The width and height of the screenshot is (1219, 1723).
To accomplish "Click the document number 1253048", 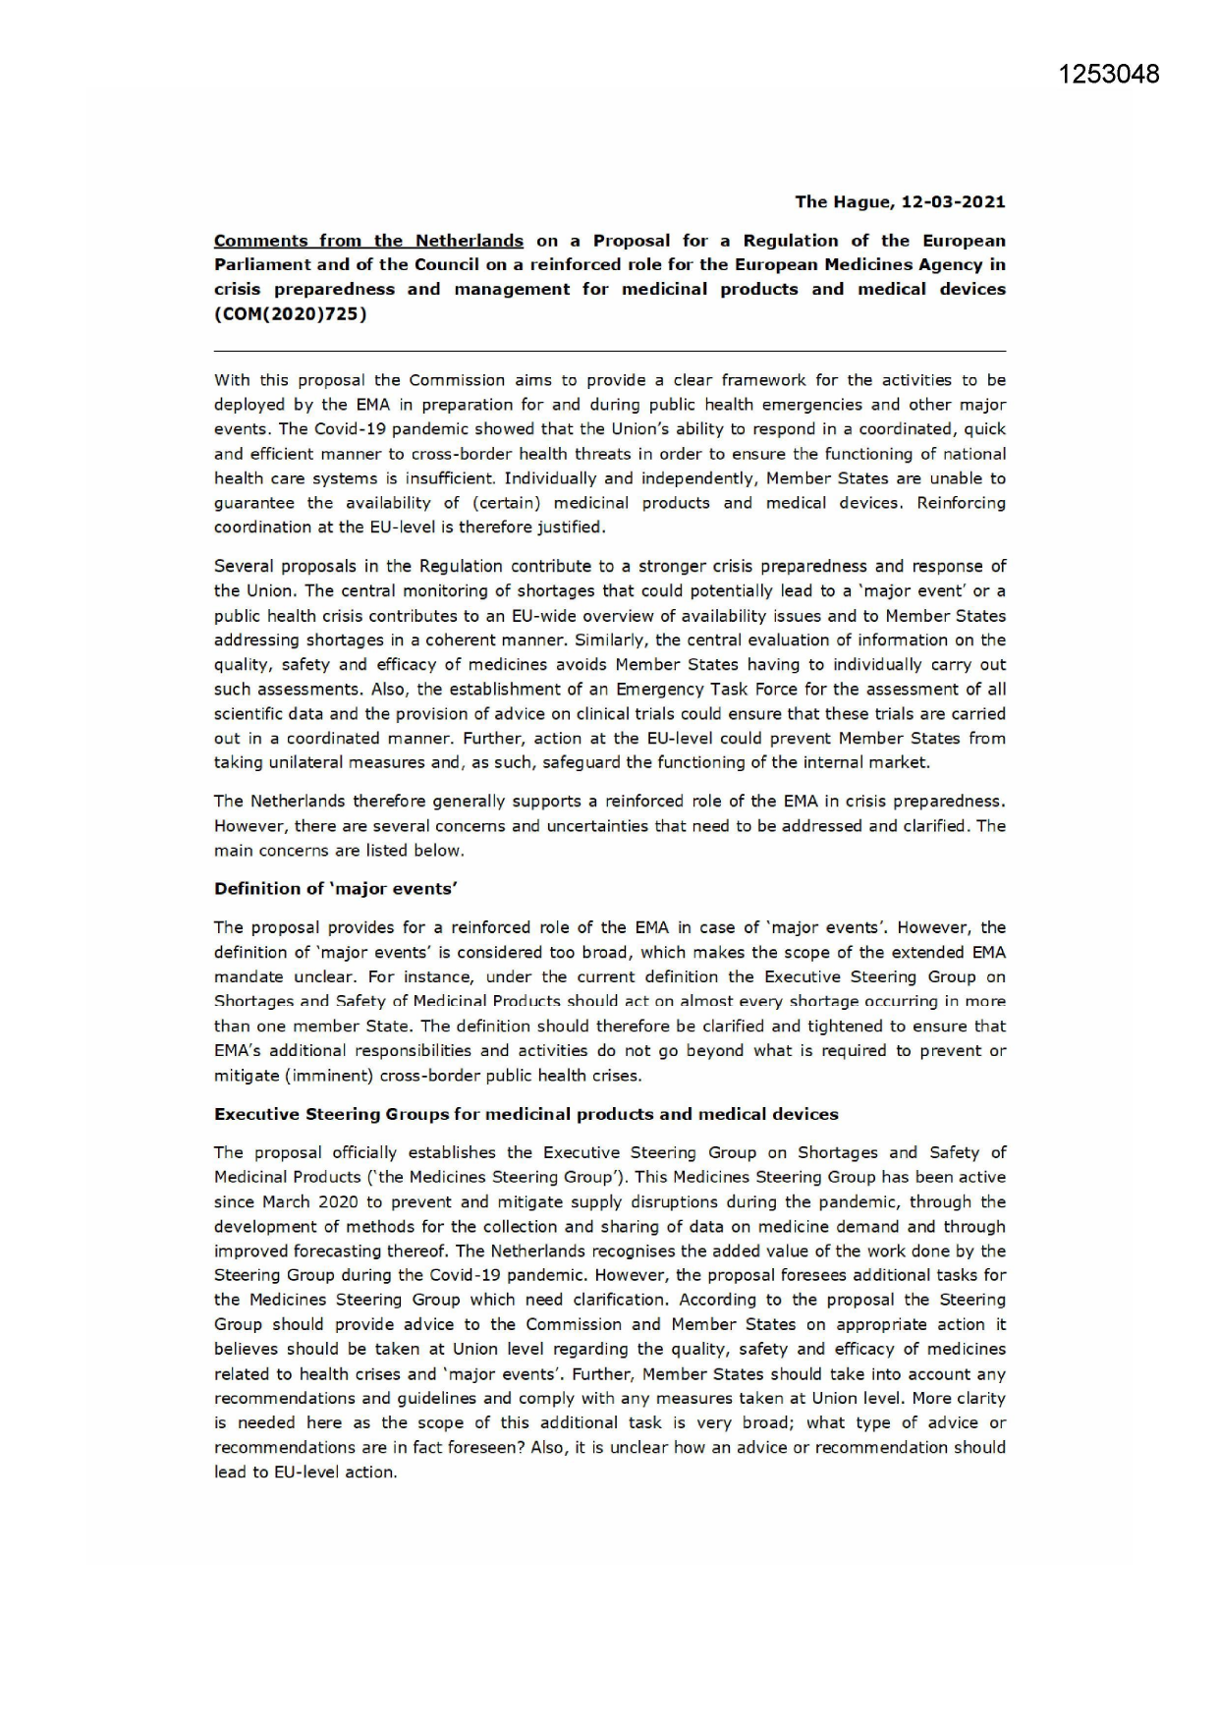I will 1109,75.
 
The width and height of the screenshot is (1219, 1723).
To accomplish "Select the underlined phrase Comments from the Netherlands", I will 368,241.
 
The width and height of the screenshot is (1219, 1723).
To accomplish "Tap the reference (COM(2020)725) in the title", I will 291,313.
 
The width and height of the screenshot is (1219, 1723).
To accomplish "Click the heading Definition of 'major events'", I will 336,888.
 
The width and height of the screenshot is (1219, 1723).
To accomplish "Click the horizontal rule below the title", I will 609,351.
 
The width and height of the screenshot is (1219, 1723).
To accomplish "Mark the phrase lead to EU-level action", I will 305,1473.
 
